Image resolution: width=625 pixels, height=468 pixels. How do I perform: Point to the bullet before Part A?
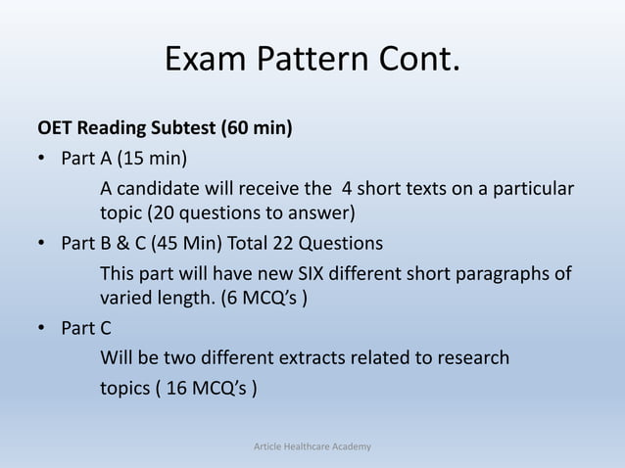[43, 159]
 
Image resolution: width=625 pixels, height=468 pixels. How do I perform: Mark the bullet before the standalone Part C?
[43, 328]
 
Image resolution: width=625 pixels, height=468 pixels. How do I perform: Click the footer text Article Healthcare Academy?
[312, 447]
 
